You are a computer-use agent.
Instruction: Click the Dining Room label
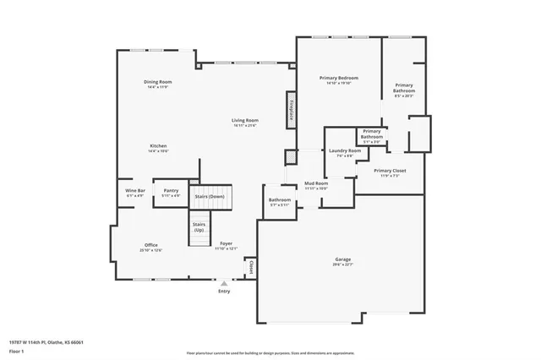pos(158,81)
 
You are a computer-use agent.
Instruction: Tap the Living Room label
pos(245,121)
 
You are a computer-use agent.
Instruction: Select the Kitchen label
pos(158,145)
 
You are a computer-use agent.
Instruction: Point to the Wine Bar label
pos(135,191)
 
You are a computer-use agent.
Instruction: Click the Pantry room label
pos(171,191)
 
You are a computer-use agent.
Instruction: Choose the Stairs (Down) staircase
pos(210,196)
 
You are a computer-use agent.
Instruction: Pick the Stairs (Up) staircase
pos(199,229)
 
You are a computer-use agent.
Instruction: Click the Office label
pos(151,245)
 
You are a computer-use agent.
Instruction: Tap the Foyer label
pos(226,243)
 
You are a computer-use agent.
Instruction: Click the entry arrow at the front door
pos(224,285)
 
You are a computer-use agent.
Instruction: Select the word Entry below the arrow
pos(224,292)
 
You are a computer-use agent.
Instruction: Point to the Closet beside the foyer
pos(250,267)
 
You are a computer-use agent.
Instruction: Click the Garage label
pos(342,259)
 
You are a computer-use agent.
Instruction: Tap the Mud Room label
pos(316,183)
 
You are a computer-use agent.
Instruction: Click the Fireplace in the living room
pos(291,110)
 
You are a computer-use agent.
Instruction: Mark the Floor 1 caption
pos(17,350)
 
